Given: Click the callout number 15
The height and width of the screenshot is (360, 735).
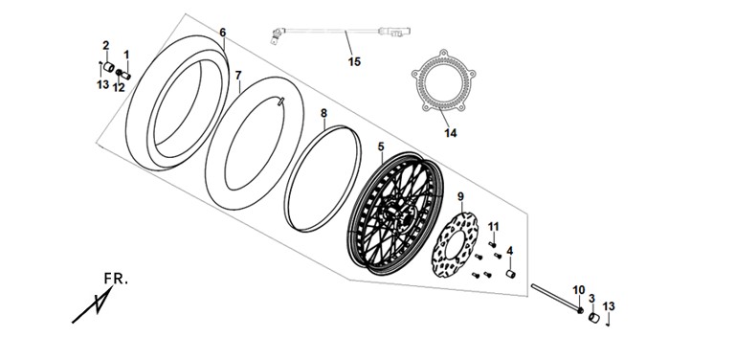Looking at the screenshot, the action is coord(354,61).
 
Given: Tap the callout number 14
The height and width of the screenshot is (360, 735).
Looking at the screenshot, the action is coord(451,133).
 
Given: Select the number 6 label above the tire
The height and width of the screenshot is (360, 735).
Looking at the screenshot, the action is coord(223,33).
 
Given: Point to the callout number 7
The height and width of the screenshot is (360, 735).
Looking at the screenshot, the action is coord(238,75).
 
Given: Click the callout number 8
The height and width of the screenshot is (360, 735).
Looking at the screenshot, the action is coord(323,113).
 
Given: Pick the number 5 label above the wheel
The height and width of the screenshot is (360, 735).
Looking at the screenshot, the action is coord(381,146).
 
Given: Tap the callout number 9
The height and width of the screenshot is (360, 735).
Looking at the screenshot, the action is coord(460,196).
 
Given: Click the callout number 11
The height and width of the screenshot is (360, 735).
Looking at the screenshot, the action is coord(493,227).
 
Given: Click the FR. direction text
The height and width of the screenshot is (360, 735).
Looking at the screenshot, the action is coord(116,279).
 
